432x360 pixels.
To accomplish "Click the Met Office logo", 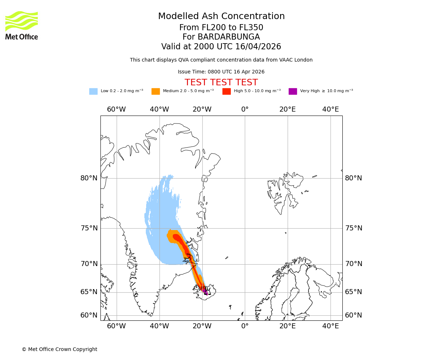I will point(22,25).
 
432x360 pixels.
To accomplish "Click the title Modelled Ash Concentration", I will point(221,16).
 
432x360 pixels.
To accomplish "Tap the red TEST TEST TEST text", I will point(221,82).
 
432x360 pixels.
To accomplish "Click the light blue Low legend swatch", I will point(93,91).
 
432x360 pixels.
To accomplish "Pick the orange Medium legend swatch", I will point(156,91).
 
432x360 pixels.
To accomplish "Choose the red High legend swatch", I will point(226,91).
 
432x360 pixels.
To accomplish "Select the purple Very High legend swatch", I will point(293,91).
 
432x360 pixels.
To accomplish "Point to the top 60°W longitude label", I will point(116,109).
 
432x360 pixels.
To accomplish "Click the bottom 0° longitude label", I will point(245,326).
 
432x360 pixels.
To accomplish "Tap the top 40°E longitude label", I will point(330,109).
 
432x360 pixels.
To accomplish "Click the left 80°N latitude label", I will point(89,178).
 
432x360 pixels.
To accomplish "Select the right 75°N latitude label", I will point(354,228).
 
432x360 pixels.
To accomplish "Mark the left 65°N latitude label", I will point(89,292).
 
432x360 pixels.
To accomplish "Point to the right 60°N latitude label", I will point(354,315).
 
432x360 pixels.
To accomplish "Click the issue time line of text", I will point(221,72).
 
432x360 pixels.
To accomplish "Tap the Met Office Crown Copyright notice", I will point(59,349).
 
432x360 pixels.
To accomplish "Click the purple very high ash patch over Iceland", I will point(204,290).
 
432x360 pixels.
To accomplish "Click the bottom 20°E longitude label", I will point(288,326).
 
